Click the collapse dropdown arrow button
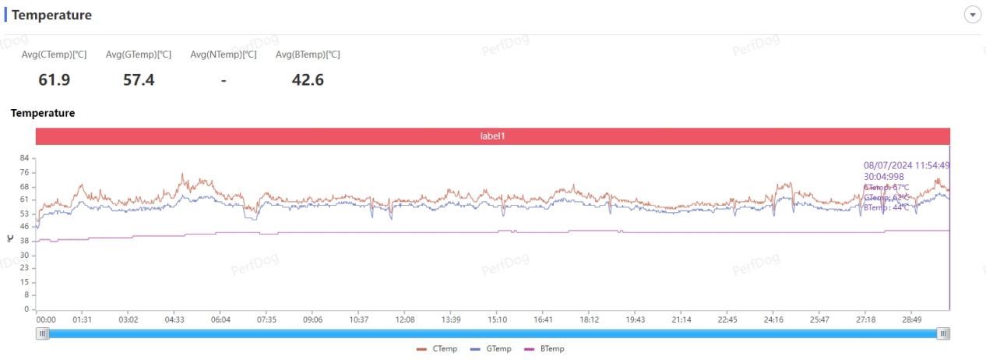[972, 15]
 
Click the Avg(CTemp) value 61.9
[54, 79]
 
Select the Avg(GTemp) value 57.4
[139, 79]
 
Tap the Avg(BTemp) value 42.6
[308, 79]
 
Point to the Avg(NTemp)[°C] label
[224, 55]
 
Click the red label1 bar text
[492, 136]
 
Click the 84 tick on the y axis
[24, 158]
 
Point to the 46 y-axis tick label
[24, 226]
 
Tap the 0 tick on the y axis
[26, 309]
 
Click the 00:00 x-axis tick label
[46, 319]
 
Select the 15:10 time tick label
[497, 319]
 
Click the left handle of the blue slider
[43, 334]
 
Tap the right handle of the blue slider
[943, 334]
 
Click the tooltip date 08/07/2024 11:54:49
[906, 165]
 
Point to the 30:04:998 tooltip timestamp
[884, 177]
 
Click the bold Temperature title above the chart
[43, 113]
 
